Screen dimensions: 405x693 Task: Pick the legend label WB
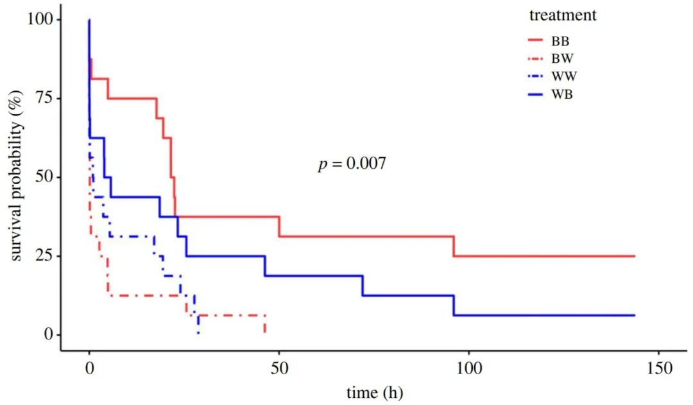(x=560, y=94)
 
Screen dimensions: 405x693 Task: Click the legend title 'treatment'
(x=563, y=15)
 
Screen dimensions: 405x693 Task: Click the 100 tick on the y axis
(x=39, y=20)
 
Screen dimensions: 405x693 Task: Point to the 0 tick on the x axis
(x=89, y=369)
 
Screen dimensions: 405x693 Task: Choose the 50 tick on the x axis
(x=278, y=369)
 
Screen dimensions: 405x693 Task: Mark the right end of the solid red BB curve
(x=634, y=256)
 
